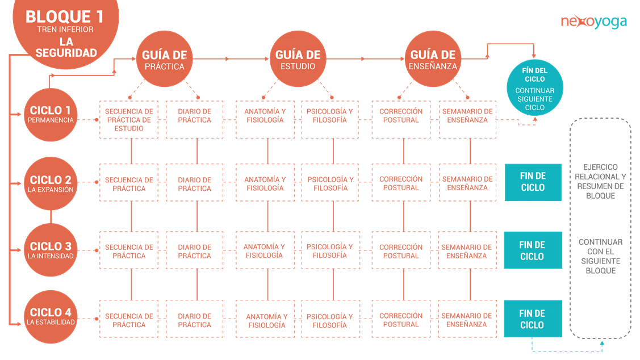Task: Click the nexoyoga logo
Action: (593, 22)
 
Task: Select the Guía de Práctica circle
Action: (165, 59)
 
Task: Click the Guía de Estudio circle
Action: (298, 59)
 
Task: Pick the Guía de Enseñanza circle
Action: (433, 59)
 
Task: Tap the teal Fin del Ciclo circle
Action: (535, 88)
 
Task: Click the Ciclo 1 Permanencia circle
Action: (51, 115)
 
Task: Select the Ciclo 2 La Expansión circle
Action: (51, 183)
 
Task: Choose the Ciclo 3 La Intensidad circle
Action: (51, 250)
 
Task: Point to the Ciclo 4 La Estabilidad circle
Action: (51, 317)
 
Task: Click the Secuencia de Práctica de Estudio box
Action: (129, 120)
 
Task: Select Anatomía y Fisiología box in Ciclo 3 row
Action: (265, 250)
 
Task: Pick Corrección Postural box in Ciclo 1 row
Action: (401, 120)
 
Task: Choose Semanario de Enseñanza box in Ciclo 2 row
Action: (468, 182)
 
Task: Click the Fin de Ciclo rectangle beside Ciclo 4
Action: (533, 319)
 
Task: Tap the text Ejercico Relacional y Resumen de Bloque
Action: (600, 181)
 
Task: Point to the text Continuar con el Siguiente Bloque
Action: (601, 256)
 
